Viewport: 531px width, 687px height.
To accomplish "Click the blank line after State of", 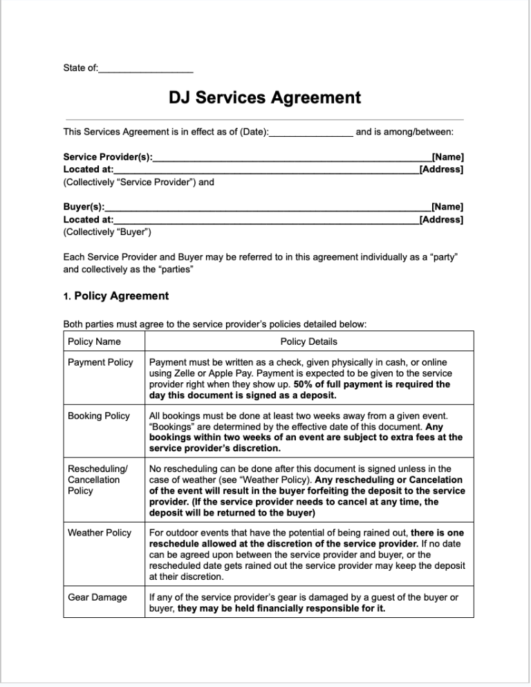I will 146,69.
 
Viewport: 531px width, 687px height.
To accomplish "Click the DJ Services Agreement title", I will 265,97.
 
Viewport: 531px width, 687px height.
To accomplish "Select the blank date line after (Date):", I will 311,131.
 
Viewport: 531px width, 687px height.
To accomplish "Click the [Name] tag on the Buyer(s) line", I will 447,207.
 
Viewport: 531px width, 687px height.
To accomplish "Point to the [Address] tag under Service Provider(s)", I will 441,169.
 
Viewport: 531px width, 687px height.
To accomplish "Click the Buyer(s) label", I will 84,207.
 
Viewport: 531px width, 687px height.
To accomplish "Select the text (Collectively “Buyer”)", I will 107,232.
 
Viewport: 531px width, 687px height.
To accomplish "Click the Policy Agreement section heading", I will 121,296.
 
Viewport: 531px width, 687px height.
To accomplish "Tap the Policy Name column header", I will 94,341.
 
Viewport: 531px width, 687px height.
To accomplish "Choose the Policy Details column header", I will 308,341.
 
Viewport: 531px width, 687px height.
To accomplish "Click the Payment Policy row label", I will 100,362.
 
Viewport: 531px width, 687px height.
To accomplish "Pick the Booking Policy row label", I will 99,415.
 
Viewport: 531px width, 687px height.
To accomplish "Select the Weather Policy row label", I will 100,533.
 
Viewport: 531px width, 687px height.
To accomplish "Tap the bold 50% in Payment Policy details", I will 305,384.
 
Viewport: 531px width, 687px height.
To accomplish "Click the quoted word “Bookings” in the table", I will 171,426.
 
